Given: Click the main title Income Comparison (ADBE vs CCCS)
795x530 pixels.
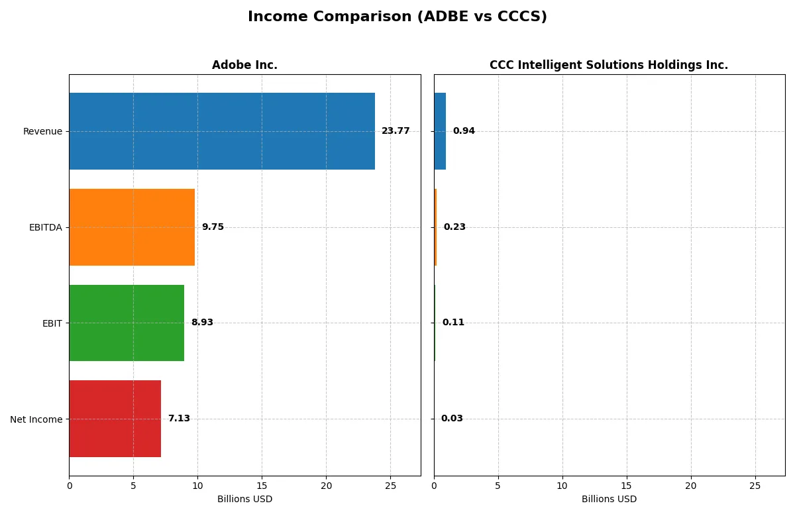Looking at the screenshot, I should (x=397, y=17).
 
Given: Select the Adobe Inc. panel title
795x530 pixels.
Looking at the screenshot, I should (x=244, y=65).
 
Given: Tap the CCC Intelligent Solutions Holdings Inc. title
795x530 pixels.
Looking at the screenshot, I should (x=608, y=65).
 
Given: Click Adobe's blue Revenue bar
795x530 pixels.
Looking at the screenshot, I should (x=221, y=131).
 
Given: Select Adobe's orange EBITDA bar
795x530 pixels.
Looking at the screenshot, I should (x=132, y=227).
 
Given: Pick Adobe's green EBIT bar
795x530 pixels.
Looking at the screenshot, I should (x=127, y=323).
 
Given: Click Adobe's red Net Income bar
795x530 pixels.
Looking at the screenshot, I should (x=115, y=419).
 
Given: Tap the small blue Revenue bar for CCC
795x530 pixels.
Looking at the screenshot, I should (x=440, y=131).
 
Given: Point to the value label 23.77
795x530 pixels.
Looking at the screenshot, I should (x=396, y=131).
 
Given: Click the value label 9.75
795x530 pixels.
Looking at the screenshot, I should (x=213, y=227).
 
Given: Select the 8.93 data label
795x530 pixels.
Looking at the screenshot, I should (x=202, y=323).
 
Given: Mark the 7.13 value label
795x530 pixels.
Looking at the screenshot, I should (x=179, y=419).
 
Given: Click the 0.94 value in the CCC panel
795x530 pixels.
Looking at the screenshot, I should (x=464, y=131).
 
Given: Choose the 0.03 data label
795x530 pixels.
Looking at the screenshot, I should (x=452, y=419).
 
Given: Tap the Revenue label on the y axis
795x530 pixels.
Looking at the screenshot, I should (x=42, y=131).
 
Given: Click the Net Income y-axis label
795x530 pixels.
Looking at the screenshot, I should (x=36, y=419).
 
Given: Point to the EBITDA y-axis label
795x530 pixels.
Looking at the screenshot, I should (x=46, y=227).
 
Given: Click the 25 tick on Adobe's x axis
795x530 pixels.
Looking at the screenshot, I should (x=390, y=486).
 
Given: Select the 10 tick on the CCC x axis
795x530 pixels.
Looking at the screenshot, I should (x=562, y=486).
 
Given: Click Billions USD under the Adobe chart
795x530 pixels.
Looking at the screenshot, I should (x=244, y=500).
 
